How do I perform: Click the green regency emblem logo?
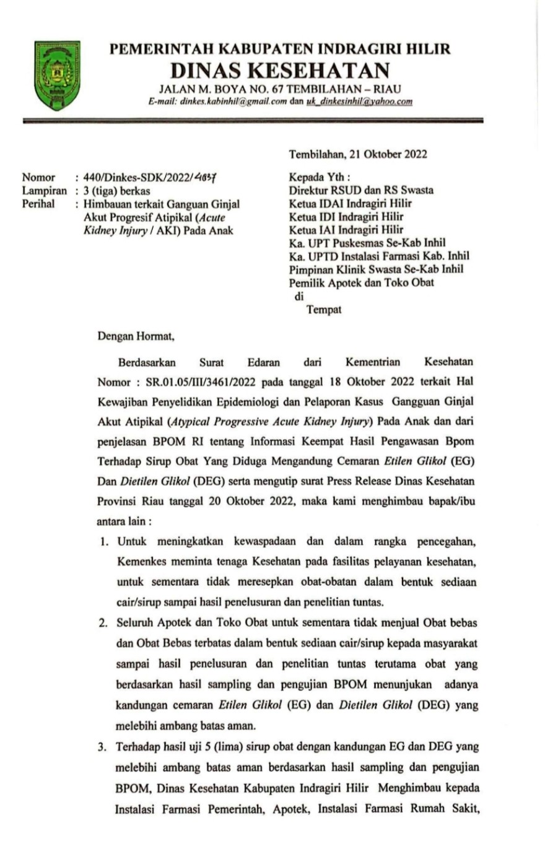pyautogui.click(x=57, y=75)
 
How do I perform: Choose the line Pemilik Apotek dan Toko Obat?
pyautogui.click(x=361, y=283)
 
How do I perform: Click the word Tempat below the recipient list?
pyautogui.click(x=325, y=310)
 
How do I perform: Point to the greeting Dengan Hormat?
pyautogui.click(x=137, y=338)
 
